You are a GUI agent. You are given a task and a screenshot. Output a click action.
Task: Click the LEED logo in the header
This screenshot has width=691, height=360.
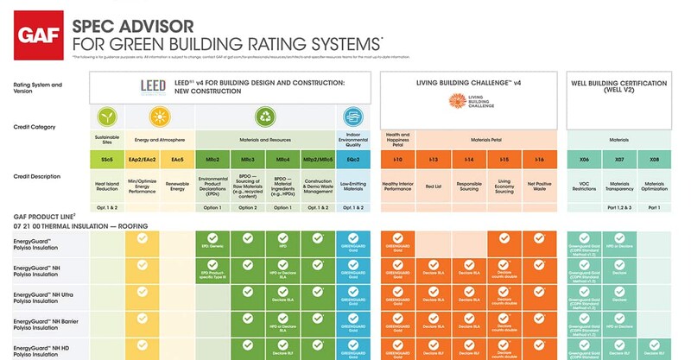pos(157,87)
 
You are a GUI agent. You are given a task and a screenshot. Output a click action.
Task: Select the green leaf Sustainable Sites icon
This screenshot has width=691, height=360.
pos(107,118)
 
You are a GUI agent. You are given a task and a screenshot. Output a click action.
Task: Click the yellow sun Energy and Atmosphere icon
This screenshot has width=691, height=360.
pos(159,118)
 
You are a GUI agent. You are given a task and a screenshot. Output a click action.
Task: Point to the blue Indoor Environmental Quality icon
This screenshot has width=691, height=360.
pos(352,118)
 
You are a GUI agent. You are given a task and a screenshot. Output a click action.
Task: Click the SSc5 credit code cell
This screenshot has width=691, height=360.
pos(107,160)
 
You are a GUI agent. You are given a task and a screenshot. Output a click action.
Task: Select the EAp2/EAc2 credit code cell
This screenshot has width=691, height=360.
pos(143,160)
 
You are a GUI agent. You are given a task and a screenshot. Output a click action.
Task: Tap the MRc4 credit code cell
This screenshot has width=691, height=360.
pos(282,160)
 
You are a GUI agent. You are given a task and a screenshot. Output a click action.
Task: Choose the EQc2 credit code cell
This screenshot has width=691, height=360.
pos(352,160)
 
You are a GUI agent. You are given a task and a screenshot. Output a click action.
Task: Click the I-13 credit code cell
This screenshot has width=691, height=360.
pos(433,160)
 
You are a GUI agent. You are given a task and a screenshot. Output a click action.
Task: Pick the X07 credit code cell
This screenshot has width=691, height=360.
pos(619,160)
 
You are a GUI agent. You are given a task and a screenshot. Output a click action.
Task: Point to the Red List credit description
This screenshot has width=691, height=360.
pos(433,185)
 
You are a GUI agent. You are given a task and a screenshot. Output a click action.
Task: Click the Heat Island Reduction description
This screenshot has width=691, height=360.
pos(107,185)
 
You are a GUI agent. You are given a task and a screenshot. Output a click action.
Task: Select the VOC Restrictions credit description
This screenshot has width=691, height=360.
pos(584,185)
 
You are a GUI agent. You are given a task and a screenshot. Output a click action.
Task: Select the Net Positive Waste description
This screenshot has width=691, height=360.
pos(539,185)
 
